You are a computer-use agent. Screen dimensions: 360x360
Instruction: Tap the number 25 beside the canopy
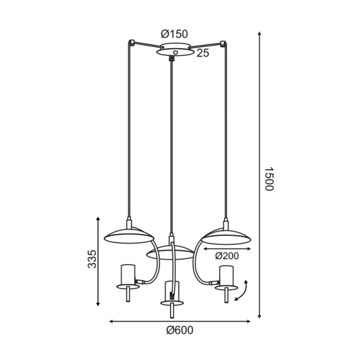click(x=203, y=53)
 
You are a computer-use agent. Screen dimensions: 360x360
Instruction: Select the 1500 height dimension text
click(x=269, y=178)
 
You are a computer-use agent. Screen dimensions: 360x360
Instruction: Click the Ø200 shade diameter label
click(x=227, y=255)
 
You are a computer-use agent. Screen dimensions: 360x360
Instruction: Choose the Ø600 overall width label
click(x=179, y=330)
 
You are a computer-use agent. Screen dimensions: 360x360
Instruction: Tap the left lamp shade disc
click(x=128, y=236)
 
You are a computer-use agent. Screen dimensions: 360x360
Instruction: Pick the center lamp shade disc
click(x=170, y=253)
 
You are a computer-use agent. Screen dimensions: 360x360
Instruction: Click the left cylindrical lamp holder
click(x=127, y=274)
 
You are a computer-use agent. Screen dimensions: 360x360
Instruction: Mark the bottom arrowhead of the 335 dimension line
click(x=99, y=304)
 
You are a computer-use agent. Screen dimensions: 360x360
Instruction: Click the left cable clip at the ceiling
click(x=131, y=43)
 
